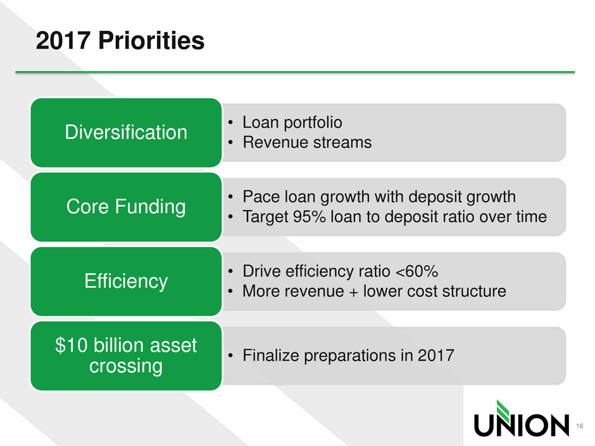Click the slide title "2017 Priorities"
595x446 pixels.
click(x=120, y=40)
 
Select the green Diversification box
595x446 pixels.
click(x=126, y=132)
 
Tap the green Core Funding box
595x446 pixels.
click(x=126, y=207)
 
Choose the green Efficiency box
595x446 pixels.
click(x=126, y=281)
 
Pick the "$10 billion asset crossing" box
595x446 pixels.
click(x=126, y=356)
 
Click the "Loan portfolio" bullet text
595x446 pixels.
click(x=292, y=123)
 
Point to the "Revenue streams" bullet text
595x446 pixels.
click(x=307, y=142)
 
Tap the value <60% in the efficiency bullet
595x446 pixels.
click(x=416, y=271)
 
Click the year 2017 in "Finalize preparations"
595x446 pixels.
click(x=436, y=356)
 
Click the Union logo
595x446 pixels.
click(x=522, y=418)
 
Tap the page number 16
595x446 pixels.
click(x=579, y=426)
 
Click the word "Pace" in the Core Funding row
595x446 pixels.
click(x=261, y=197)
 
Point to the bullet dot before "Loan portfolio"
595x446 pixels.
click(x=230, y=123)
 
